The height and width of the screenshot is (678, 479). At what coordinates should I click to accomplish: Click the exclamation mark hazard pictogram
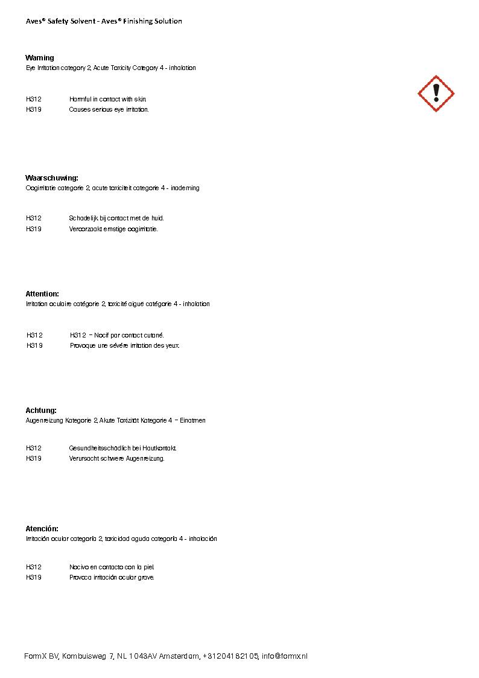436,94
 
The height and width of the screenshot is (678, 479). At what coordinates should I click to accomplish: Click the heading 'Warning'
40,58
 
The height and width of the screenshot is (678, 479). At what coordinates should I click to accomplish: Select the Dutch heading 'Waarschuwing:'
52,178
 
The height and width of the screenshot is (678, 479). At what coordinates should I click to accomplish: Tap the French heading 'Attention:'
42,294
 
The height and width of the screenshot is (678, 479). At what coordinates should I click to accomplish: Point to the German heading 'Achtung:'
41,411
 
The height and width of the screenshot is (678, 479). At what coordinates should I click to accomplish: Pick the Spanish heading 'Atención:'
42,529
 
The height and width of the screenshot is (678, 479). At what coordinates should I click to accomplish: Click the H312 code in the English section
34,99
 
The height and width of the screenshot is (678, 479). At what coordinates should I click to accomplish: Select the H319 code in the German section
34,459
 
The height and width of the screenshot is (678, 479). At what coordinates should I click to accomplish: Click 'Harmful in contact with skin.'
108,99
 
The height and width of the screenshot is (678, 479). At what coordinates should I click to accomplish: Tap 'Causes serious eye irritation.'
109,110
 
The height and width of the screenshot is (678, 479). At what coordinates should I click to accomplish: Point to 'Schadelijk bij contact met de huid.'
116,218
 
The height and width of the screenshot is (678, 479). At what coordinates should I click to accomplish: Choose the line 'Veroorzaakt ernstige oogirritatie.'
113,229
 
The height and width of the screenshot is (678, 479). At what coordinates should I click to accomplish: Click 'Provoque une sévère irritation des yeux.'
125,346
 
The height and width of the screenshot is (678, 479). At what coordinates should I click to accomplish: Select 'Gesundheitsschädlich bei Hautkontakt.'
123,448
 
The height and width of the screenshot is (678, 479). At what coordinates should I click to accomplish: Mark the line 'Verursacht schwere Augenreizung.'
117,459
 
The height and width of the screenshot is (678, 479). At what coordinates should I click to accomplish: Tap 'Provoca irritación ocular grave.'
112,578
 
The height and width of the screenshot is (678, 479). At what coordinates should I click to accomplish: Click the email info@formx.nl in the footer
285,656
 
